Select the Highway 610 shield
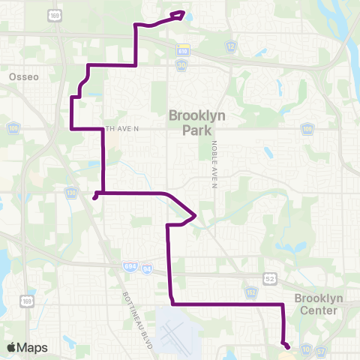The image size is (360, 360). point(182,49)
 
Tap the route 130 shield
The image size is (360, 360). point(70,193)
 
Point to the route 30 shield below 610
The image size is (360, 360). point(182,65)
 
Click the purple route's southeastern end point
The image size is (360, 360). point(286,345)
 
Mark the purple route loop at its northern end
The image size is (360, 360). point(178,14)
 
